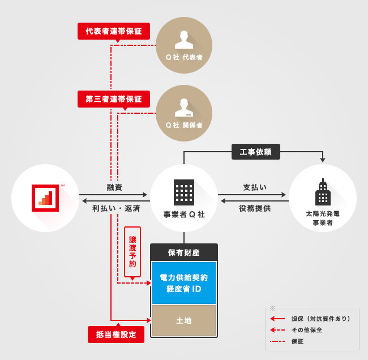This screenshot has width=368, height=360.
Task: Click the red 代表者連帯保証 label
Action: point(114,31)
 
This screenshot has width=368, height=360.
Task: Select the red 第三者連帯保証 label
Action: point(114,99)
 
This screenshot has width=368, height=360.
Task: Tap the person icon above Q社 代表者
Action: point(184,39)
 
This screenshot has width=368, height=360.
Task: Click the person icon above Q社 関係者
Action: point(184,107)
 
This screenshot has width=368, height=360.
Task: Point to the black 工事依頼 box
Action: point(256,152)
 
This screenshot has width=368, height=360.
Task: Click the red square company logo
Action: point(45,198)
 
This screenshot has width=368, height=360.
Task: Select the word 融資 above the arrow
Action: point(114,187)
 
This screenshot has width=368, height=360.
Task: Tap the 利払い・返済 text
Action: point(116,208)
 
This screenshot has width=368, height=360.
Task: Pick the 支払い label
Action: point(255,187)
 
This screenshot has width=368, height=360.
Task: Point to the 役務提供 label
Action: point(255,208)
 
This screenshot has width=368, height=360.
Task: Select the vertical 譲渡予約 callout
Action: point(132,252)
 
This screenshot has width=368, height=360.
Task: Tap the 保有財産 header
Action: point(184,252)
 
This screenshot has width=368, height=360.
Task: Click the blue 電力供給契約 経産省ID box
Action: point(184,283)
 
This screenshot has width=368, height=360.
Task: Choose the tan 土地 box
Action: point(184,320)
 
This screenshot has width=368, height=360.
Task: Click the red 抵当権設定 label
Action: point(116,334)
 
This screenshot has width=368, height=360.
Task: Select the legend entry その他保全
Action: point(306,330)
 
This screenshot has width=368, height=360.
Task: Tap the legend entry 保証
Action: point(297,341)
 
